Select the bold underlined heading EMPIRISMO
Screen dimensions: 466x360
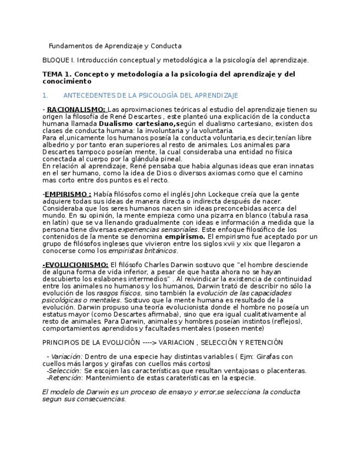(68, 194)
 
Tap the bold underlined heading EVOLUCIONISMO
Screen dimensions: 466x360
(76, 265)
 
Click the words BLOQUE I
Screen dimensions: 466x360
(56, 60)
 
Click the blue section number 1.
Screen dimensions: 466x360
(45, 96)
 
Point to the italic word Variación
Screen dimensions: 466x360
(66, 357)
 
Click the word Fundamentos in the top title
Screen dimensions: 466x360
(69, 46)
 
